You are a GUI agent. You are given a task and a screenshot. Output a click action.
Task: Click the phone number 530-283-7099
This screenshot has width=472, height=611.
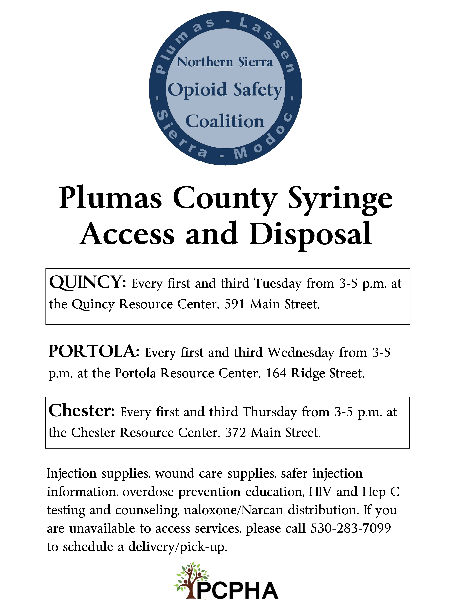tap(351, 529)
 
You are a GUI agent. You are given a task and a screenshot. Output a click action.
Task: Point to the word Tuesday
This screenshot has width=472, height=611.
tap(278, 284)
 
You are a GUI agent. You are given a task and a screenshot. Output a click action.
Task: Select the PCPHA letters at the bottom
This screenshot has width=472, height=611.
tap(238, 590)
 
